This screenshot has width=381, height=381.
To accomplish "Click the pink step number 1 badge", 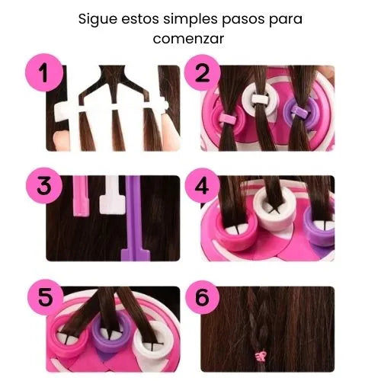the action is tap(44, 72).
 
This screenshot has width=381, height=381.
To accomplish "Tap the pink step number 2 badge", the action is tap(203, 72).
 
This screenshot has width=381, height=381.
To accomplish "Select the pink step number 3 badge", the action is tap(44, 185).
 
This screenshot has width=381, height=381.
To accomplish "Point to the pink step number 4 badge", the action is tap(203, 185).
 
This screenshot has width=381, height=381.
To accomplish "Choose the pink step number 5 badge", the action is tap(45, 297).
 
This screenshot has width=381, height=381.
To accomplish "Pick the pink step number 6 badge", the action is tap(203, 297).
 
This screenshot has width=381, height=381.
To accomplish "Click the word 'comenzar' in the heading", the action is tap(188, 39).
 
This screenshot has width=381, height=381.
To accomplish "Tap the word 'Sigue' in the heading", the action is tap(98, 19).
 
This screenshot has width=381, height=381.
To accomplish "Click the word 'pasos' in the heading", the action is tap(243, 20).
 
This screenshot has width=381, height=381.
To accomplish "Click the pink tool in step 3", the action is tap(81, 196).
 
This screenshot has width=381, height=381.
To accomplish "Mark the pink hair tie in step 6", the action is tap(261, 354).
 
